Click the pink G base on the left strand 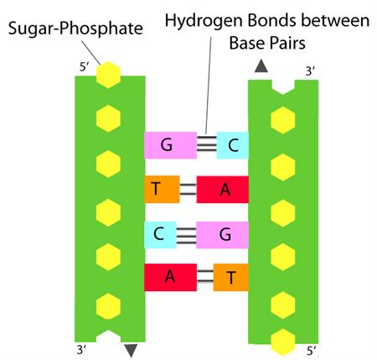[x=170, y=145]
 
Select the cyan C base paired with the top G [x=233, y=145]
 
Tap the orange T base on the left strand [x=162, y=190]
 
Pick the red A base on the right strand [x=223, y=190]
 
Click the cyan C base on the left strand [x=160, y=235]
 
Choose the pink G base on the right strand [x=223, y=235]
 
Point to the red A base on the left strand [x=170, y=277]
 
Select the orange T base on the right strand [x=231, y=277]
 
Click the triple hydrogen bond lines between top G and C [x=207, y=143]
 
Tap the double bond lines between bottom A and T [x=205, y=276]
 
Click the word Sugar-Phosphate [x=75, y=29]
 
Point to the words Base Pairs [x=267, y=44]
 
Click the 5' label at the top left [x=84, y=67]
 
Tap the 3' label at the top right [x=310, y=72]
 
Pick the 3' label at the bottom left [x=81, y=350]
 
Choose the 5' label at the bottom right [x=312, y=351]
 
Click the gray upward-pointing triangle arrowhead [x=261, y=67]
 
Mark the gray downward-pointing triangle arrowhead [x=131, y=350]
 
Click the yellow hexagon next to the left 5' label [x=108, y=75]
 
